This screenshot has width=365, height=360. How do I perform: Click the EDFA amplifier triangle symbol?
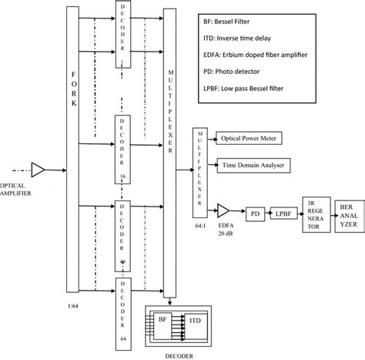click(223, 210)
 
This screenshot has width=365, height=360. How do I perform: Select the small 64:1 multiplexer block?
click(199, 170)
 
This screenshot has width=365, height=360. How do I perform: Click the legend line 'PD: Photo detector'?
click(251, 71)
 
